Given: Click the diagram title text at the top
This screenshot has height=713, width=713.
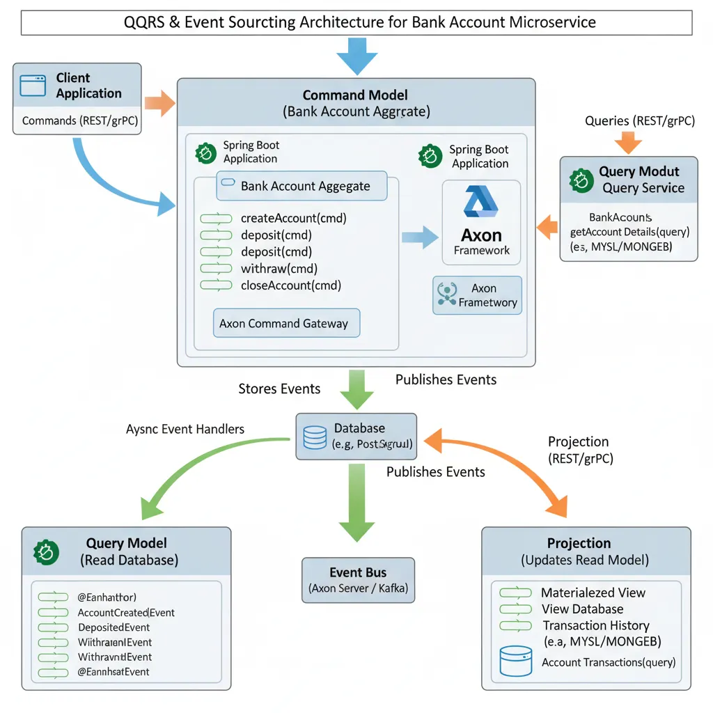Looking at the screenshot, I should tap(356, 22).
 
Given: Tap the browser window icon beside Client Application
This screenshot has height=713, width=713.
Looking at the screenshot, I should tap(32, 86).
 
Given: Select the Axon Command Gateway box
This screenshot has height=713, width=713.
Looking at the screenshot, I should tap(285, 323).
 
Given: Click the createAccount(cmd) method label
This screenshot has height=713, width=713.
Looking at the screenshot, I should tap(293, 218).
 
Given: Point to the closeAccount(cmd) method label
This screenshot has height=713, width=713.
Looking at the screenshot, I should tap(290, 285).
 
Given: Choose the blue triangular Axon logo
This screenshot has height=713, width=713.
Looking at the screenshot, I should tap(480, 202).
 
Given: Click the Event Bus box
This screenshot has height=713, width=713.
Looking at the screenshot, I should tap(358, 580).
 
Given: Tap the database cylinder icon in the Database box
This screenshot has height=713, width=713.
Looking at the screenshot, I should tap(315, 436).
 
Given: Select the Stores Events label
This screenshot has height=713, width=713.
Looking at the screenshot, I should tap(279, 389).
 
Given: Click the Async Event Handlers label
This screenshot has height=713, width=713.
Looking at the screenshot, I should tap(185, 429).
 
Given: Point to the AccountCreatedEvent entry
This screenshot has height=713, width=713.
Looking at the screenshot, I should tap(126, 613).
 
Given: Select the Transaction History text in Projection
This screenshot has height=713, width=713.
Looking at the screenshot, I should tap(595, 625).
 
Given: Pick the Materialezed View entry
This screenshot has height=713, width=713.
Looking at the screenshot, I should tap(593, 593).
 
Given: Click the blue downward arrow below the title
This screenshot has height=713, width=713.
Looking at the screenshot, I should tap(356, 56).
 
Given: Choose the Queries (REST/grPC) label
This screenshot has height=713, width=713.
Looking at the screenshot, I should tap(639, 120).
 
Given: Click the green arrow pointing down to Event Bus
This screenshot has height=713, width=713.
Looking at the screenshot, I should tap(356, 501).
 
